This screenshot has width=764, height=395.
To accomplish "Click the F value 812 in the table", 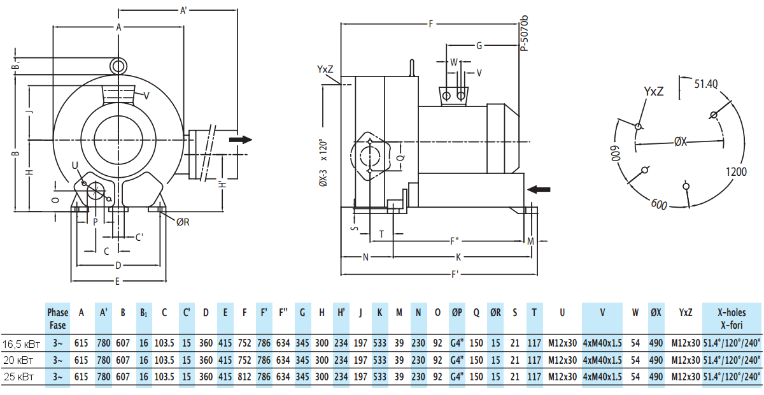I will click(244, 377).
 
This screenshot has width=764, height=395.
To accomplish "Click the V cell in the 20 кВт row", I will click(602, 360).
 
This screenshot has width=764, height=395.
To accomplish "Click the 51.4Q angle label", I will click(706, 83).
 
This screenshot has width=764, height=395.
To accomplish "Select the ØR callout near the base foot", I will click(183, 222).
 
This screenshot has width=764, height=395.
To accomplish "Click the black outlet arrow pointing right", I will click(241, 140).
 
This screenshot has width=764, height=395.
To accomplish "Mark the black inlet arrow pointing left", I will click(539, 189).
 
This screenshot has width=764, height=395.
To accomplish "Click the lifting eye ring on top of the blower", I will click(118, 66).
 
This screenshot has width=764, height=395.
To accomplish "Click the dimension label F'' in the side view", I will click(455, 241).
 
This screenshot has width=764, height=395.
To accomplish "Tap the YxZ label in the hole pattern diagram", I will click(653, 92).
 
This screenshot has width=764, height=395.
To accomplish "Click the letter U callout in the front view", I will click(75, 166).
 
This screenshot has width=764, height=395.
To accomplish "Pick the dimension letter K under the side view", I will click(458, 257).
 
